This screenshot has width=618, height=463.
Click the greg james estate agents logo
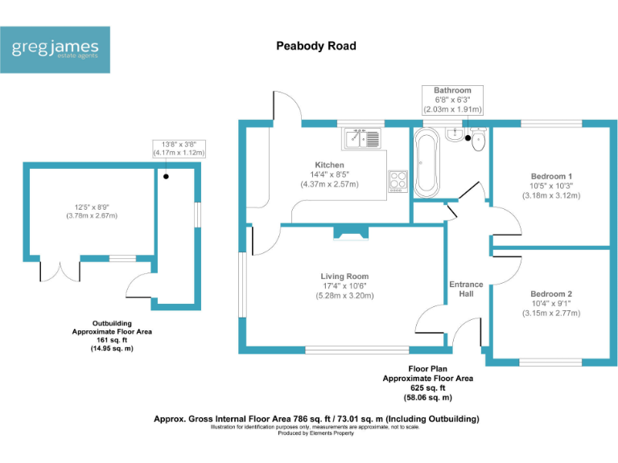(56, 50)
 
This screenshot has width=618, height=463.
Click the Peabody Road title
(315, 46)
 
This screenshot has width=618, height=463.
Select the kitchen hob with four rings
(398, 181)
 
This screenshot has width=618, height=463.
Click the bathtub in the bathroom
(426, 164)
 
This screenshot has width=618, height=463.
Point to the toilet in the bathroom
(479, 140)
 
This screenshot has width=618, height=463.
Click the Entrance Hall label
(466, 289)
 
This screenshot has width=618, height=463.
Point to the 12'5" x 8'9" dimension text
(89, 211)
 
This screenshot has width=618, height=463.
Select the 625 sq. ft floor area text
(427, 387)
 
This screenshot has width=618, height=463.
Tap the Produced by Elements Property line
(315, 433)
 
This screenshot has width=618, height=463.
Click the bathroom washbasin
(456, 134)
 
